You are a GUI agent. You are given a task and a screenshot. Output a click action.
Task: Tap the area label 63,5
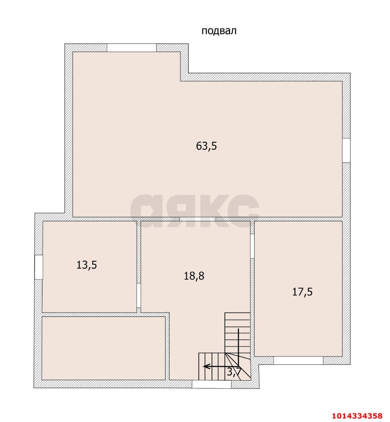[x=206, y=146]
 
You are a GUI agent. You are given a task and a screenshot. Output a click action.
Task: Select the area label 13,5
[x=87, y=265]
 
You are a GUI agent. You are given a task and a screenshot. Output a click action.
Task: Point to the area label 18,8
[x=194, y=276]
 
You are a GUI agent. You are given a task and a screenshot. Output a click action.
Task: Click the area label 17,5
[x=302, y=292]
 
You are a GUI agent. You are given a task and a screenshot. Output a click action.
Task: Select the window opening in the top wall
[x=132, y=47]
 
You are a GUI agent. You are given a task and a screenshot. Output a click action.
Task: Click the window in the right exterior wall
[x=346, y=151]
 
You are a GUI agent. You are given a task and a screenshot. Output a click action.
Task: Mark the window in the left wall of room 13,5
[x=39, y=267]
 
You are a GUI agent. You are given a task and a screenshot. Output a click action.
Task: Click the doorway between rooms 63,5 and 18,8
[x=198, y=219]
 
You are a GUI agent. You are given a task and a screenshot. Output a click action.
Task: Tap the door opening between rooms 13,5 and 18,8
[x=138, y=296]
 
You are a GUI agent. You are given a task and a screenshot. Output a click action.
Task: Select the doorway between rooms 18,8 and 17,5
[x=252, y=246]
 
